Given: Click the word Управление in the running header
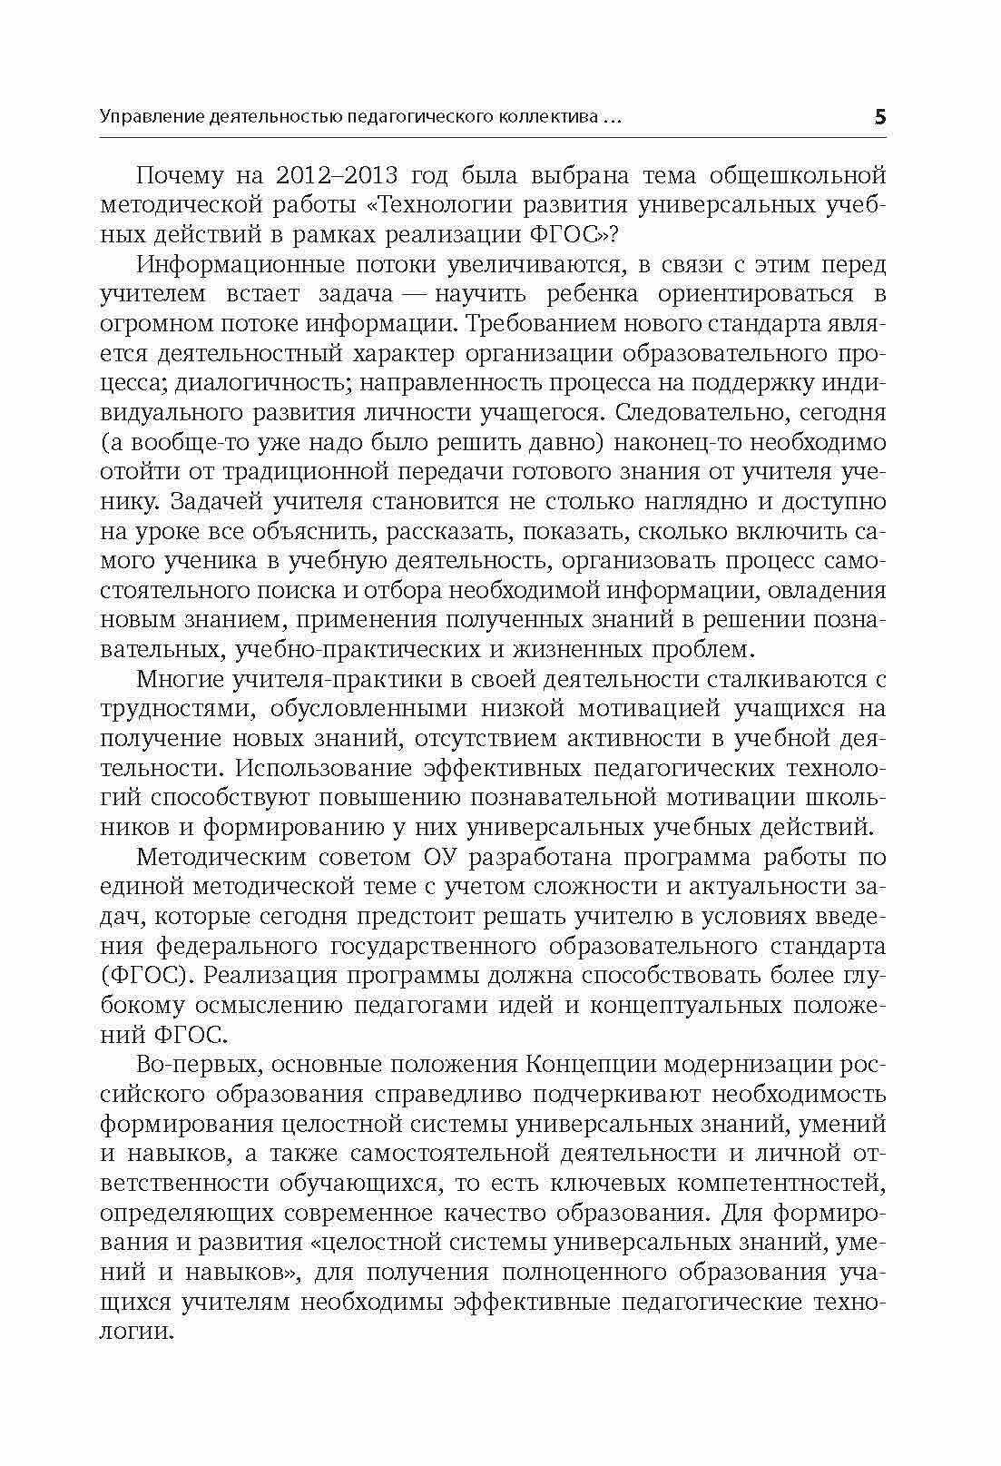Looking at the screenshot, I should [150, 118].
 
